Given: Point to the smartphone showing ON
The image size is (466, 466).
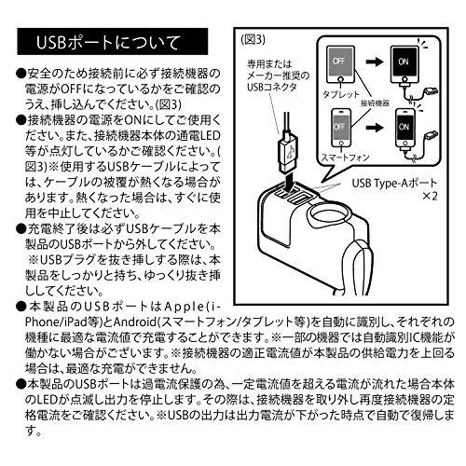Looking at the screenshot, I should click(x=406, y=130).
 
